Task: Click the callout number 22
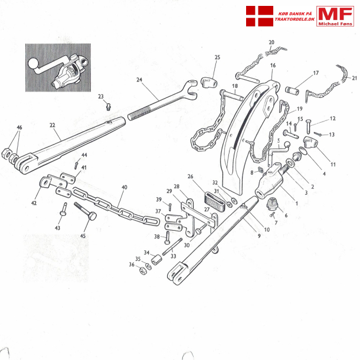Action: coord(52,125)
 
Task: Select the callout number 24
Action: coord(139,80)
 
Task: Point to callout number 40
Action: coord(125,188)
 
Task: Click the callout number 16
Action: coord(273,66)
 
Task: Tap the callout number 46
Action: coord(19,128)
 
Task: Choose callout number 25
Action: coord(217,57)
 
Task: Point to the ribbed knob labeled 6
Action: coord(273,204)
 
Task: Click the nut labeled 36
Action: coord(143,271)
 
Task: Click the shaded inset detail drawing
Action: coord(58,66)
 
